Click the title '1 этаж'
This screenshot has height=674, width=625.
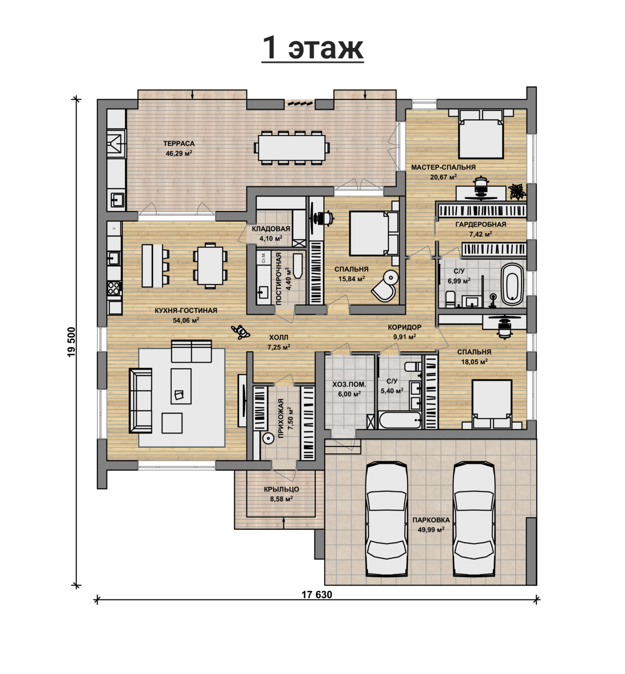pos(312,48)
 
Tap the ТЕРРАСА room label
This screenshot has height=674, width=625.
pos(179,144)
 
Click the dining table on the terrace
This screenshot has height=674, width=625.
pos(292,148)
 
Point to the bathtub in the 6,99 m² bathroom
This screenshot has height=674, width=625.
pos(512,284)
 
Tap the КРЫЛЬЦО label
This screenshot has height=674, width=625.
pos(281,489)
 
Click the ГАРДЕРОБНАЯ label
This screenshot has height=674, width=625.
pos(480,224)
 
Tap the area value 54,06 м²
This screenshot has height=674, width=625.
pos(186,320)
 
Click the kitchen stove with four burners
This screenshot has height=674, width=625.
pos(114,288)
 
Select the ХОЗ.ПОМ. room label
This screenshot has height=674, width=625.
pos(349,385)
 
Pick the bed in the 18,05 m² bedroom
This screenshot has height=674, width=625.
pos(491,404)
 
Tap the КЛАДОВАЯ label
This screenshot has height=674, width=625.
pos(271,229)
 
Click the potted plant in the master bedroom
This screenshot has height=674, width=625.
pos(516,191)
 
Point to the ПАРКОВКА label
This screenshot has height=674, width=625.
pos(431,520)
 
